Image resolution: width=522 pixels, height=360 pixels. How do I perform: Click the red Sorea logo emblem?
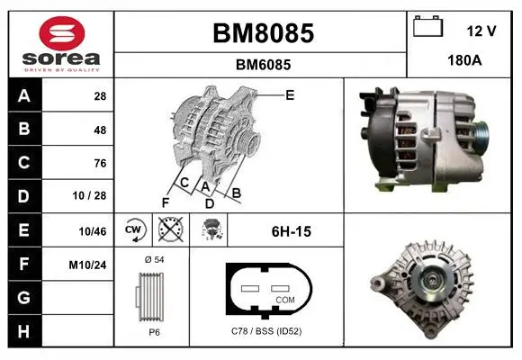[62, 33]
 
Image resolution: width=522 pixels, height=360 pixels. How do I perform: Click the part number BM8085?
[264, 33]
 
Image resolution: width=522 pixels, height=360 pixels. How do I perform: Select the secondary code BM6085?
[264, 65]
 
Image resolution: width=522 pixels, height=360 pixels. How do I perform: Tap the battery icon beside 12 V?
[427, 26]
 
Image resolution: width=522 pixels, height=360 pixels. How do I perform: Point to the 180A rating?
[464, 60]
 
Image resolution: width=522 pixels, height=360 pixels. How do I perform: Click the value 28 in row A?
[100, 96]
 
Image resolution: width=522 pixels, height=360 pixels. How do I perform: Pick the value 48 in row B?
[100, 130]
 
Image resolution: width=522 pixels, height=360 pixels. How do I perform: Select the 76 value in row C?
[100, 163]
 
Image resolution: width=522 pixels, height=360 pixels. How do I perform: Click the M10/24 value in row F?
[87, 265]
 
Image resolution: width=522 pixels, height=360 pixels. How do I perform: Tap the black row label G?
[24, 298]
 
